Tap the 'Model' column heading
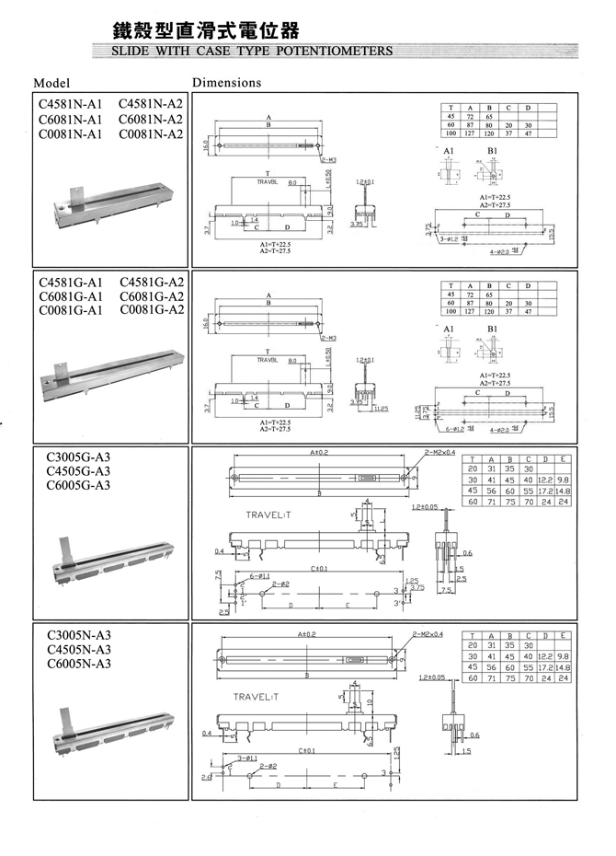point(51,83)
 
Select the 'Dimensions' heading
point(227,83)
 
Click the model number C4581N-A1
point(70,104)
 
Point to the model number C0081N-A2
point(151,134)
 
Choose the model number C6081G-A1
point(70,296)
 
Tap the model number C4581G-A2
point(151,282)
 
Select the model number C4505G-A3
point(77,470)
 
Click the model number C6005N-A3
point(77,664)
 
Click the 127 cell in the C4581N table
point(469,133)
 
